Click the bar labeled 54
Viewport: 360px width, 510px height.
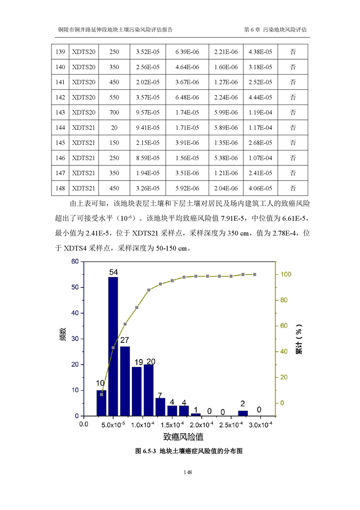[x=113, y=346]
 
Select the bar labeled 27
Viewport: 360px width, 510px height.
[x=125, y=381]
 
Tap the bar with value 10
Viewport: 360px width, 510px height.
[x=101, y=403]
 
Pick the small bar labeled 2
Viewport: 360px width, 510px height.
[x=243, y=413]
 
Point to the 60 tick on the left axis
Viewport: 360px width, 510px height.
[x=75, y=262]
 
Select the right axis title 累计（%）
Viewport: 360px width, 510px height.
[x=299, y=339]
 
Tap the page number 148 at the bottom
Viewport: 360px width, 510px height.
[x=187, y=473]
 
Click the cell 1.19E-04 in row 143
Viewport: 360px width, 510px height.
[x=260, y=112]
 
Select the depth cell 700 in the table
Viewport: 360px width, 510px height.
[x=114, y=112]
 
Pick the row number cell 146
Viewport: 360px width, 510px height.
[x=60, y=158]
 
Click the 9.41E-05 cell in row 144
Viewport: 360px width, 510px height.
[x=148, y=128]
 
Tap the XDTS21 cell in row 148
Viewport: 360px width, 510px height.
[x=84, y=188]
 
